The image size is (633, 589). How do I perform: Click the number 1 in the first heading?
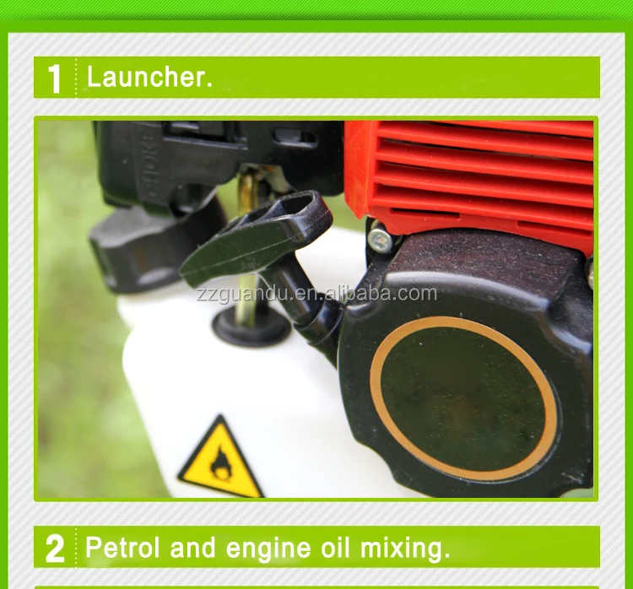tap(55, 78)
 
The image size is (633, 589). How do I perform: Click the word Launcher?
tap(149, 78)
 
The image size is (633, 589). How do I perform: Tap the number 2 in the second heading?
tap(55, 548)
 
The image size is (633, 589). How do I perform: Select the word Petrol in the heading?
tap(122, 548)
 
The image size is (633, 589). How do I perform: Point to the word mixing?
tap(405, 548)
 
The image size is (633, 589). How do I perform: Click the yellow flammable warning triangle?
tap(220, 459)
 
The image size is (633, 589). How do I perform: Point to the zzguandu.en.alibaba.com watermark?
tap(316, 294)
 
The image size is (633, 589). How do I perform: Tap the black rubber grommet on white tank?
tap(251, 324)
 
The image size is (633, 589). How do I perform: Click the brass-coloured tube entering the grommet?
tap(246, 287)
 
